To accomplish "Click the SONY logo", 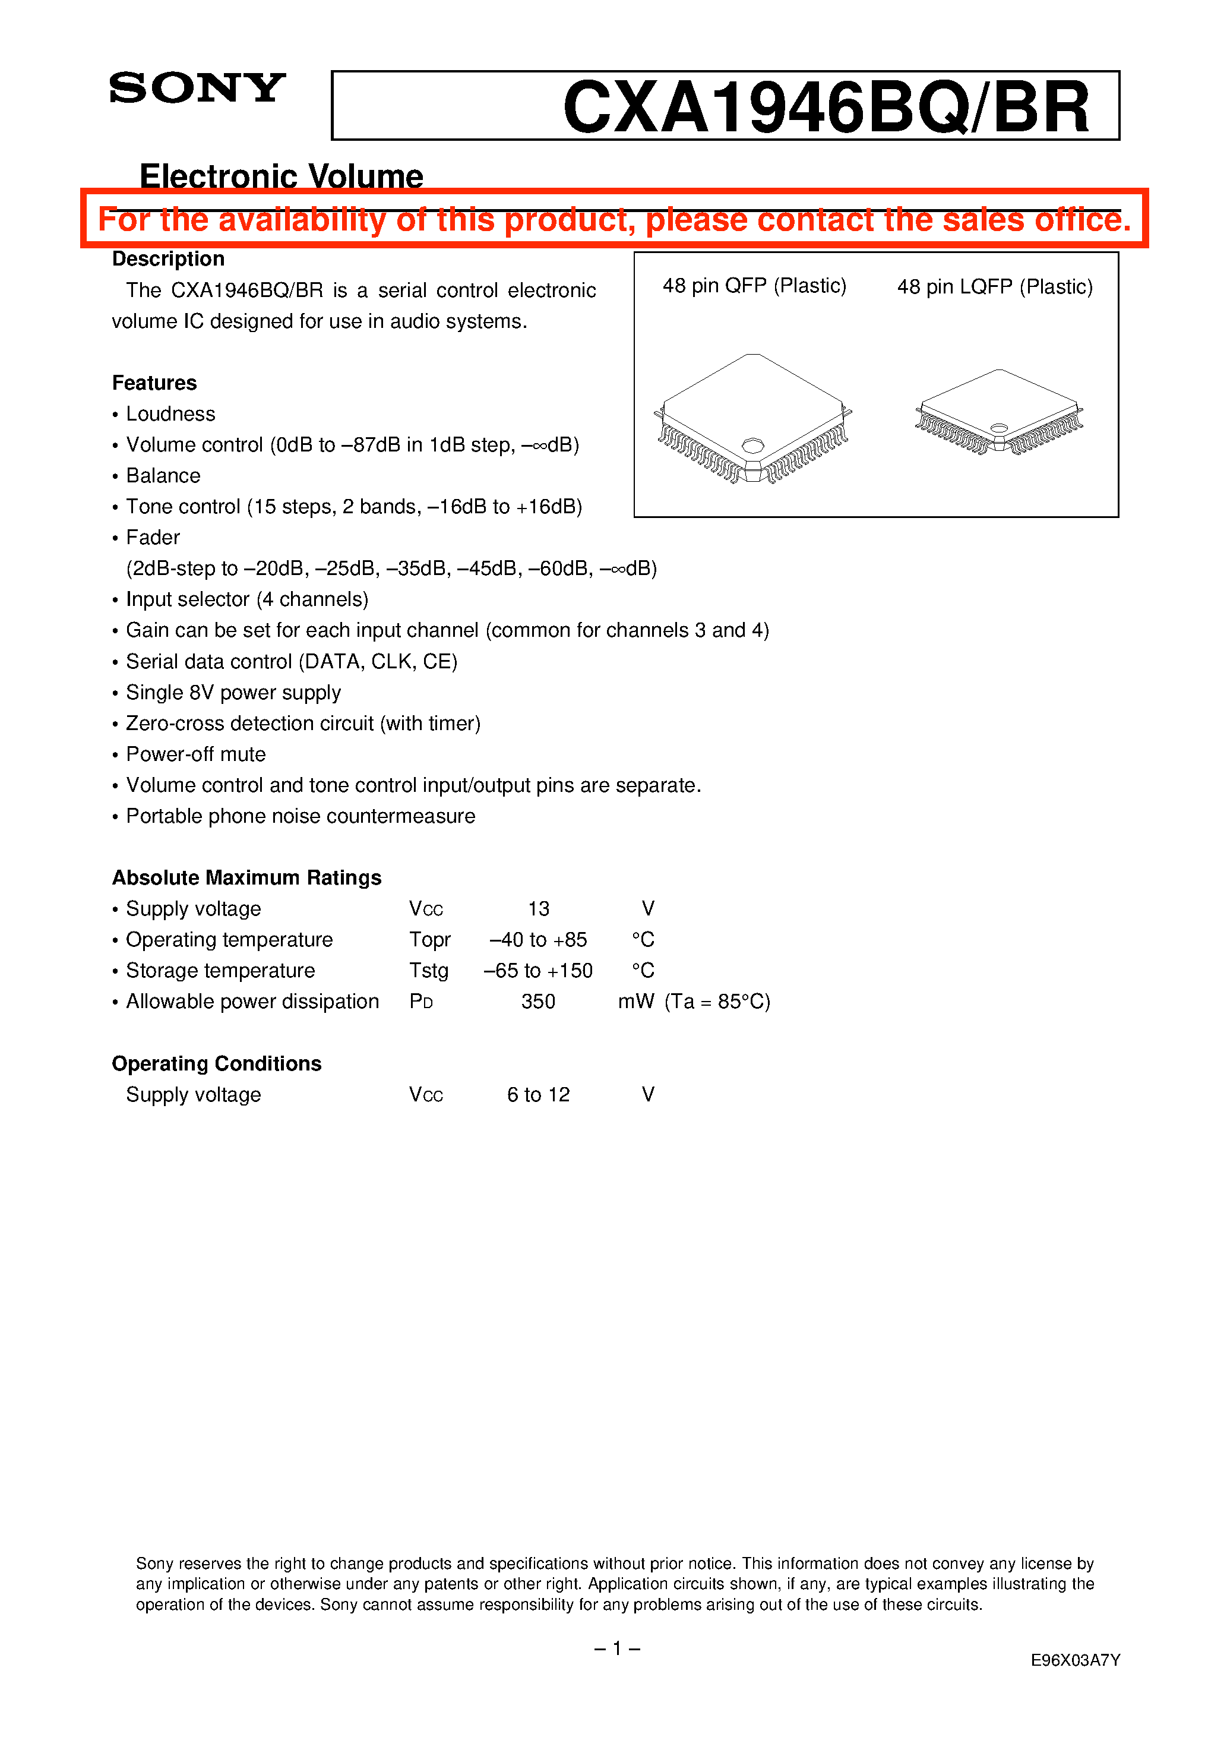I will (x=197, y=89).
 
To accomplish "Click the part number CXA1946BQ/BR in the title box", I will (x=826, y=108).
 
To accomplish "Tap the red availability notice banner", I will (x=614, y=219).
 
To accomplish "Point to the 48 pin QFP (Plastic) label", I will (x=754, y=286).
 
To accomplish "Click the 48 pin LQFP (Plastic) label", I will (x=995, y=287).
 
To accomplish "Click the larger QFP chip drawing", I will (x=752, y=418).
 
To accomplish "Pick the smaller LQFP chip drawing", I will (x=998, y=412).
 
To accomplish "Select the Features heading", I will (x=154, y=383).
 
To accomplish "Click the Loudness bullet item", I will (x=170, y=414).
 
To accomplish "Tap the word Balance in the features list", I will (x=163, y=476).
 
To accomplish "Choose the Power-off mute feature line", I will (x=195, y=754).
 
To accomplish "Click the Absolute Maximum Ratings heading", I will (x=246, y=877).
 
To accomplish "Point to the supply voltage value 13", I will (x=539, y=908).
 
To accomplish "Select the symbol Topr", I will (x=429, y=940).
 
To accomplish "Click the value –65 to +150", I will (x=539, y=971).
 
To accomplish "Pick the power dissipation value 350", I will (x=539, y=1002).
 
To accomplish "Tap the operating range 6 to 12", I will (x=539, y=1095).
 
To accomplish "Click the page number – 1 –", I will (x=617, y=1648).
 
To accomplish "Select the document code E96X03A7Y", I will (x=1075, y=1660).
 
